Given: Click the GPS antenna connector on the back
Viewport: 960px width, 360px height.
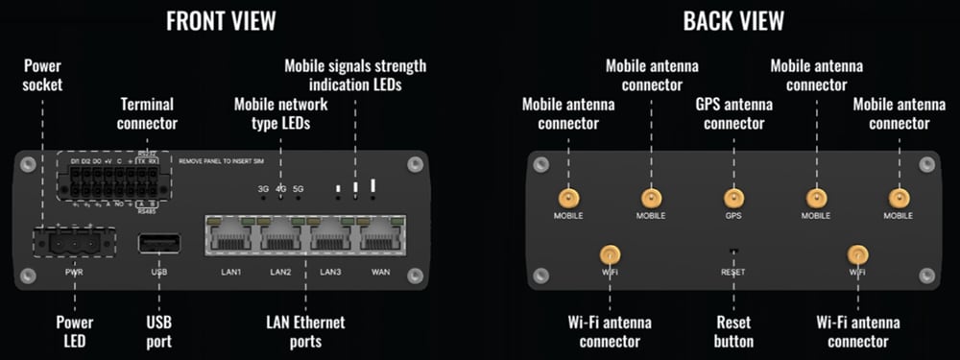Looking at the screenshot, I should (733, 198).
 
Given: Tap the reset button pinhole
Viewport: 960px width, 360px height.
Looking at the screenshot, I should (733, 253).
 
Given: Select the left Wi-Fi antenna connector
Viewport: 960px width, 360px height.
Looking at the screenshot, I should (609, 254).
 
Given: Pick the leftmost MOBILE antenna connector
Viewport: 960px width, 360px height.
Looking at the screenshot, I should (568, 198).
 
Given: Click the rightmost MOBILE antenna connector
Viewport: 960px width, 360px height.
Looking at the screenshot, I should (898, 198).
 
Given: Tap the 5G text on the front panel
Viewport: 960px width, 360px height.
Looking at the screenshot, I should (298, 189).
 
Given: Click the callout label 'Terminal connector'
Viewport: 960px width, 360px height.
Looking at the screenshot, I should (148, 113).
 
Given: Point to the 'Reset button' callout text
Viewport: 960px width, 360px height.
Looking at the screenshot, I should (733, 332).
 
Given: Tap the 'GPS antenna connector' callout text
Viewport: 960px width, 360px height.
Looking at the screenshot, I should (733, 114).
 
